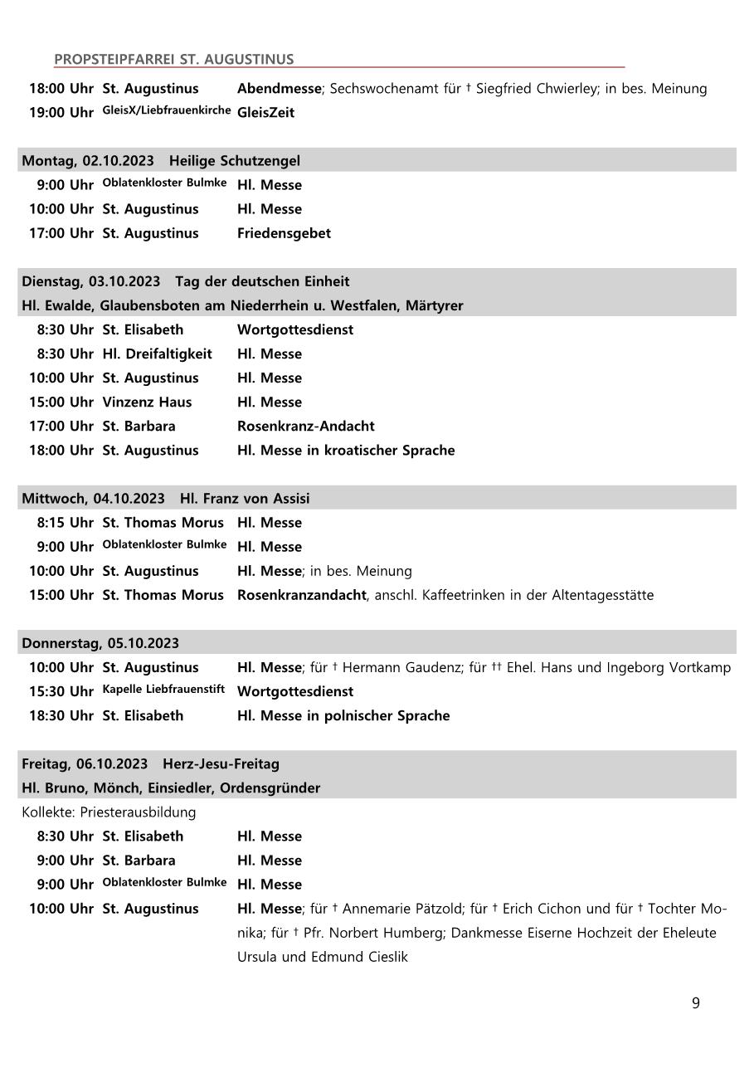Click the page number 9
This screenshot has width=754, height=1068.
coord(695,1003)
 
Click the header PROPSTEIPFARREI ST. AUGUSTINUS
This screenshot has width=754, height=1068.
coord(173,59)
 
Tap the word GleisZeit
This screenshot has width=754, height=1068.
coord(265,112)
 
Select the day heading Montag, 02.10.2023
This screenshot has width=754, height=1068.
coord(88,160)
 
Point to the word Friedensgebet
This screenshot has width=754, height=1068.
coord(284,233)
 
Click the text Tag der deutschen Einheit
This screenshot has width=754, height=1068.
coord(262,281)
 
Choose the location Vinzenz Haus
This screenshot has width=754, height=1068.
coord(147,402)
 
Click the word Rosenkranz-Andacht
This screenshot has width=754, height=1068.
coord(305,426)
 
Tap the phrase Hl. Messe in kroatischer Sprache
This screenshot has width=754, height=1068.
coord(346,450)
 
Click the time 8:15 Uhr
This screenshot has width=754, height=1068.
coord(65,523)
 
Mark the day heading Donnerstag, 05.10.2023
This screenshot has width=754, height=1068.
coord(100,643)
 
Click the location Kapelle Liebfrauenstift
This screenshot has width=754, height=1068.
coord(163,690)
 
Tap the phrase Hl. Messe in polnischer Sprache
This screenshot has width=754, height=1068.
coord(343,715)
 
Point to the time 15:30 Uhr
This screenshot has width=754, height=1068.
coord(61,691)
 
